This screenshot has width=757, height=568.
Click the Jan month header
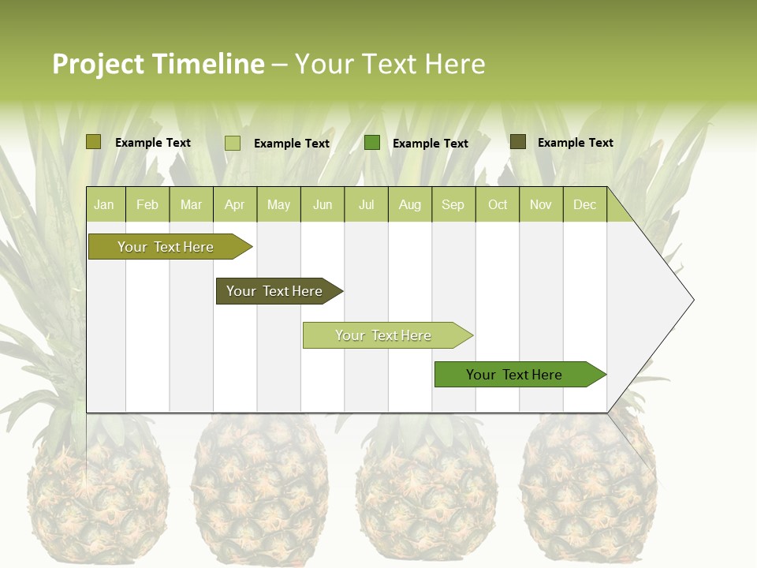(104, 205)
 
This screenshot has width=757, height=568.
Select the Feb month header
(147, 205)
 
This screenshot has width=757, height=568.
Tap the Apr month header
(235, 205)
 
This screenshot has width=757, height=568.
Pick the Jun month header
(323, 205)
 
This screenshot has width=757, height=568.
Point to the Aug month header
(410, 205)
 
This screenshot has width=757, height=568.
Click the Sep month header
(453, 205)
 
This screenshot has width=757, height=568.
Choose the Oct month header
(498, 205)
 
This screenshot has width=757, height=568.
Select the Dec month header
(585, 205)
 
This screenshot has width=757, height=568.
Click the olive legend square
(94, 142)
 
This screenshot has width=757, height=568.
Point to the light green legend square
(233, 143)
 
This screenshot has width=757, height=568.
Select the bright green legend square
(372, 143)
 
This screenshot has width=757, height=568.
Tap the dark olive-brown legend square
(518, 142)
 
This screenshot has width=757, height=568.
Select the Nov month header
(541, 205)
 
